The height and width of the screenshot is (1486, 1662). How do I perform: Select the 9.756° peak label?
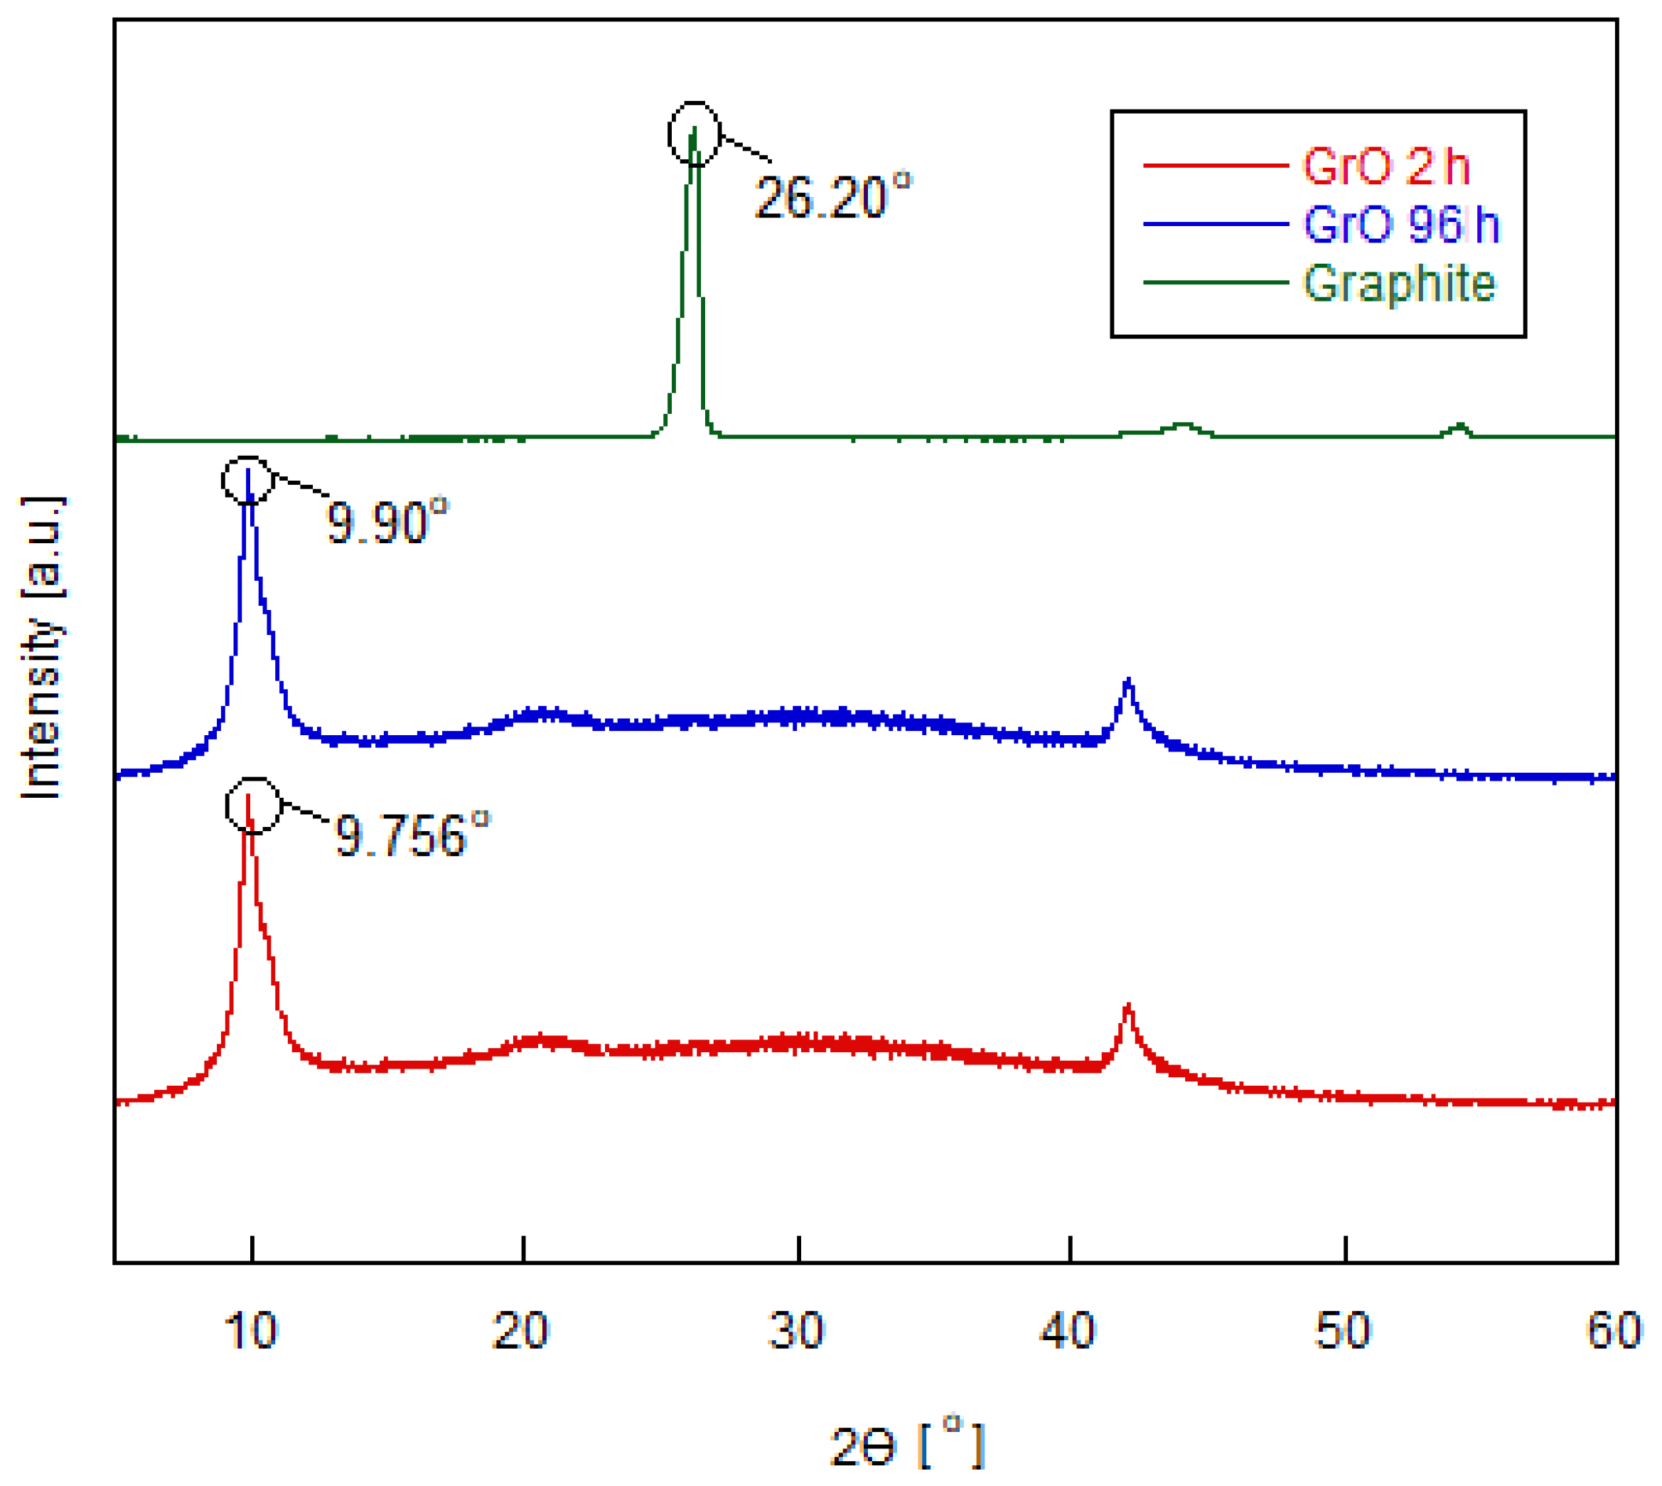(411, 835)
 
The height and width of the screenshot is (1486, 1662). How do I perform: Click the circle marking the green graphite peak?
(694, 134)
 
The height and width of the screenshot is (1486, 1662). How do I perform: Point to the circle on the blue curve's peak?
(247, 480)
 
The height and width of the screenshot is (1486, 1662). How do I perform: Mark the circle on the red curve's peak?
(254, 806)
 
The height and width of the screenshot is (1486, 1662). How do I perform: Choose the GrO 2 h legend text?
(1385, 166)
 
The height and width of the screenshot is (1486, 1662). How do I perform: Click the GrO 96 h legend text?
(1401, 224)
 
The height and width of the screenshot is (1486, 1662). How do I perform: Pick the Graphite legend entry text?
(1398, 283)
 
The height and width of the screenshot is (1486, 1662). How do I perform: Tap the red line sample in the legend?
(1216, 166)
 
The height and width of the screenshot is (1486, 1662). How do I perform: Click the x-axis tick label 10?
(251, 1331)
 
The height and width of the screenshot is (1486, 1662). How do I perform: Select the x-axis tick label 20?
(521, 1331)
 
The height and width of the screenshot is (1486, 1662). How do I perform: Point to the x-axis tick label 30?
(797, 1331)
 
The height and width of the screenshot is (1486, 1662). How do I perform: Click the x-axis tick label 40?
(1068, 1331)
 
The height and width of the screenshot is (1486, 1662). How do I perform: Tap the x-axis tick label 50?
(1343, 1331)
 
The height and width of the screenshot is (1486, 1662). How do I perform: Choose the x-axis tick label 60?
(1613, 1331)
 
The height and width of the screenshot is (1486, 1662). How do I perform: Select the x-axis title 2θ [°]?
(906, 1447)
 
